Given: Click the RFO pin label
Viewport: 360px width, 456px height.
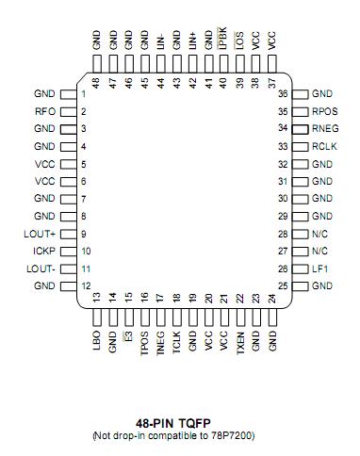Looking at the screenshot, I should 44,112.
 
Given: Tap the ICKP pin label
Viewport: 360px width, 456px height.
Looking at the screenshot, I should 43,252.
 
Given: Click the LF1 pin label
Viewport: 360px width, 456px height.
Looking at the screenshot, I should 319,269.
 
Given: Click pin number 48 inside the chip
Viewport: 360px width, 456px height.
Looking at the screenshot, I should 96,82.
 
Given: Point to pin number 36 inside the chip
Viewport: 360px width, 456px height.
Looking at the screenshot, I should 283,94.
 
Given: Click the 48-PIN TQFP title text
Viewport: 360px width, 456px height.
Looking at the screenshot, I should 180,426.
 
